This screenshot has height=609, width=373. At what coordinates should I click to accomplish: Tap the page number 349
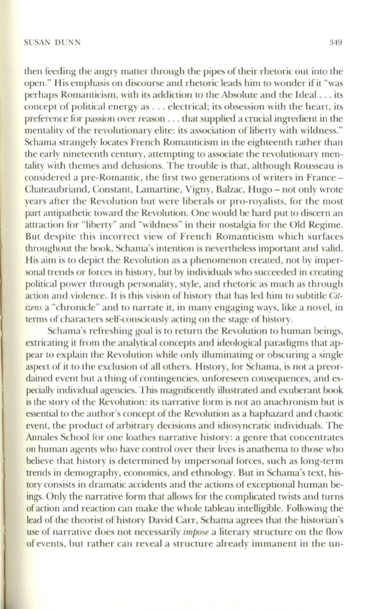[336, 42]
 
